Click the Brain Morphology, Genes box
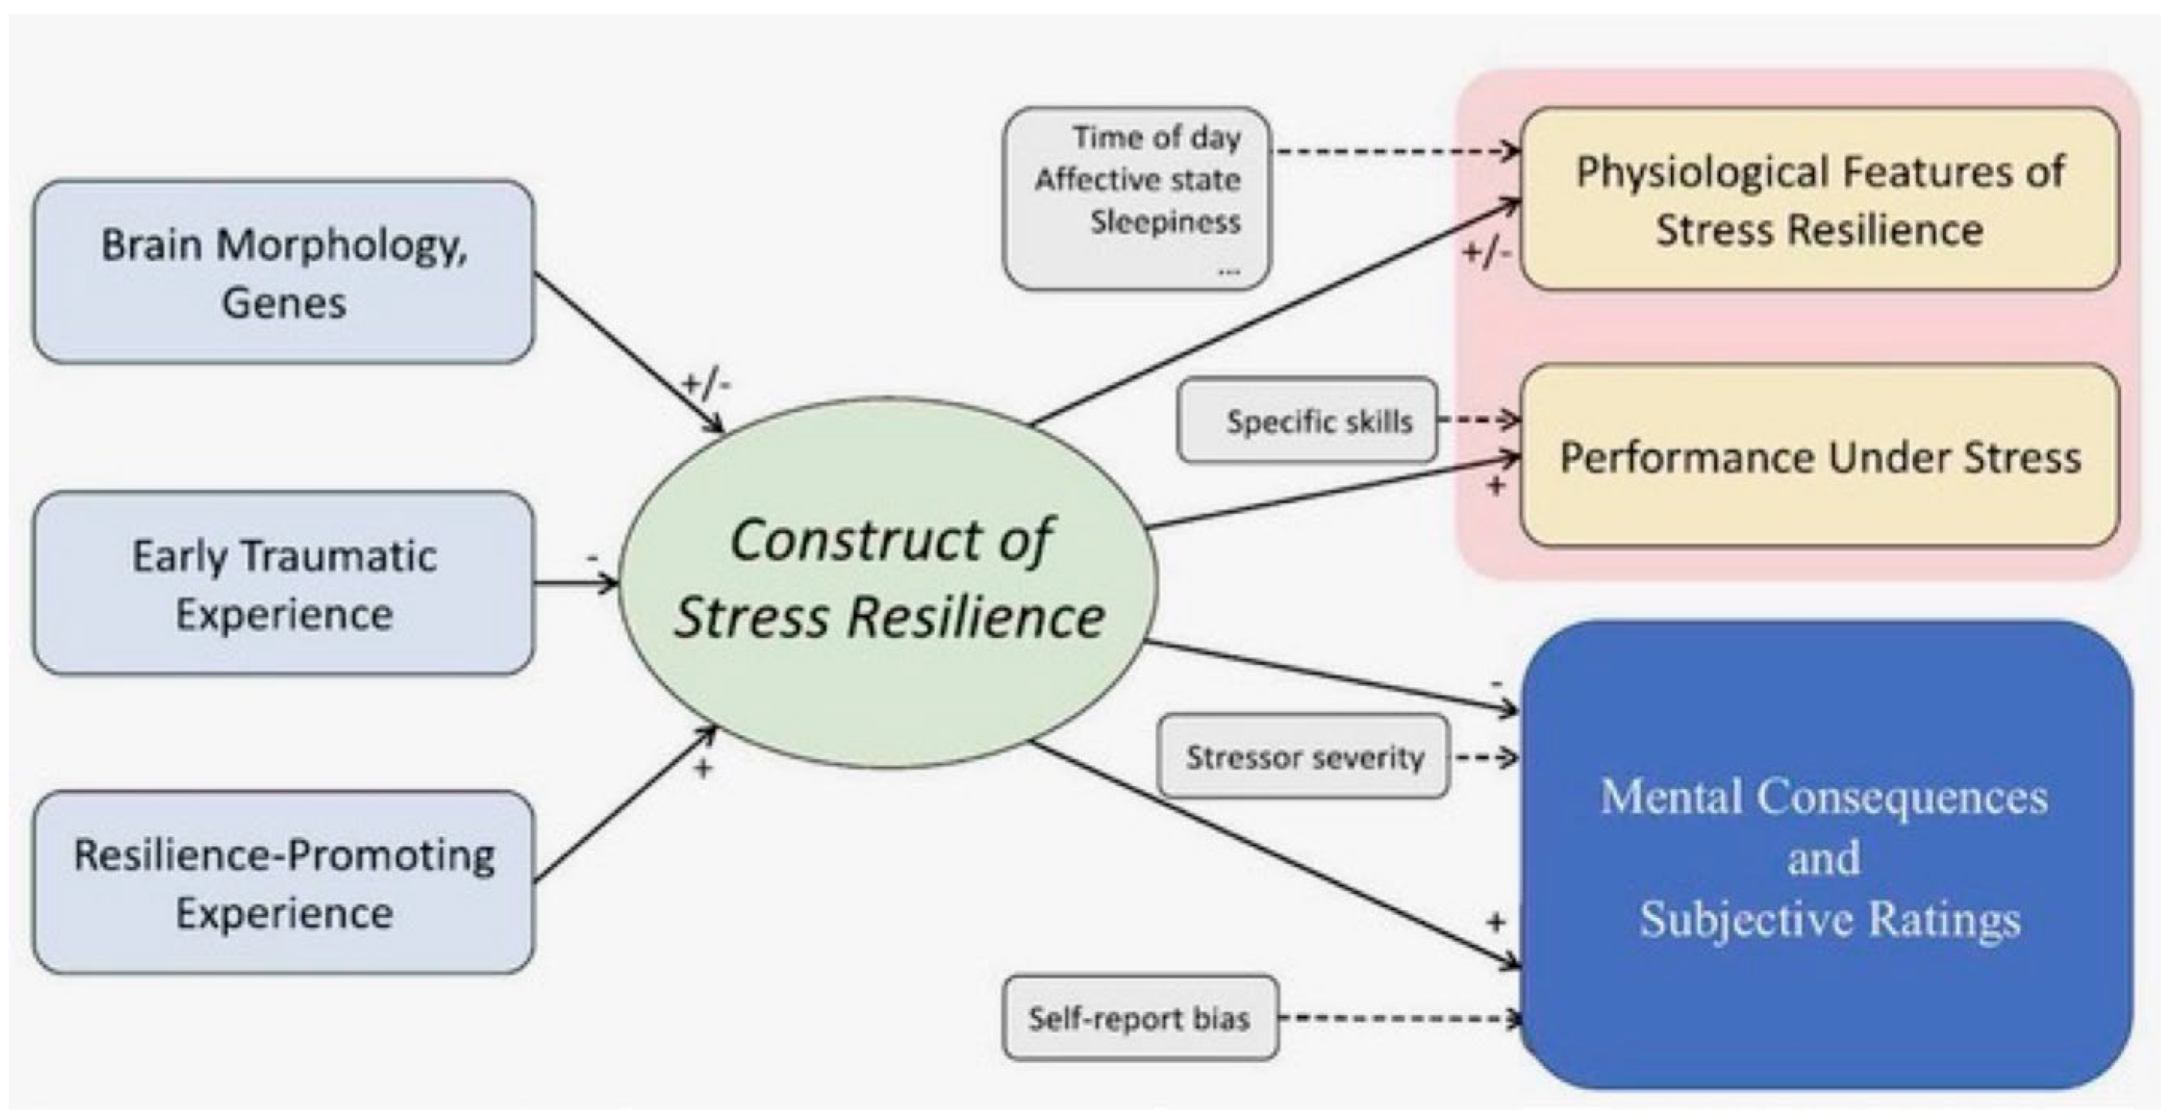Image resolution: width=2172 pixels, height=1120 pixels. click(x=283, y=271)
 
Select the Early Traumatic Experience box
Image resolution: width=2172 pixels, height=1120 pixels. click(x=283, y=583)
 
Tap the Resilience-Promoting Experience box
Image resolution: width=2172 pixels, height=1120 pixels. click(x=283, y=882)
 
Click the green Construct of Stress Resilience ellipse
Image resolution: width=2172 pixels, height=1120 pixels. click(x=889, y=582)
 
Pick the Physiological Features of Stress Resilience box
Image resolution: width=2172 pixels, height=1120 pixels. click(x=1820, y=199)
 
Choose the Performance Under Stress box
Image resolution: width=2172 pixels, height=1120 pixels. click(x=1820, y=457)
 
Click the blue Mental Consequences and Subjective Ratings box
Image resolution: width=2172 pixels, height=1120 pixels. click(x=1825, y=855)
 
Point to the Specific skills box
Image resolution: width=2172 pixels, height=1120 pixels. click(x=1308, y=420)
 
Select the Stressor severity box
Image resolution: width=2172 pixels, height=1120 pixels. click(x=1304, y=756)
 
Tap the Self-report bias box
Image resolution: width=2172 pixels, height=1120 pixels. click(x=1140, y=1018)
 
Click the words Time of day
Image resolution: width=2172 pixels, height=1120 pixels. click(x=1157, y=137)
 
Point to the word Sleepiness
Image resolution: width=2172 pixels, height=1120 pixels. click(x=1166, y=222)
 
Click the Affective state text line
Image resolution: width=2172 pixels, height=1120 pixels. click(x=1138, y=180)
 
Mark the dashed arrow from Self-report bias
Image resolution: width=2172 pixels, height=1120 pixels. click(x=1400, y=1018)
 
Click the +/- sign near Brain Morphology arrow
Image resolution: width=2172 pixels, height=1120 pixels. click(x=707, y=384)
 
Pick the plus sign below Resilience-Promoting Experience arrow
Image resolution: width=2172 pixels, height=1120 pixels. click(x=702, y=768)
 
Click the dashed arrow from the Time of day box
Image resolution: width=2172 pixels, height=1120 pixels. click(x=1395, y=152)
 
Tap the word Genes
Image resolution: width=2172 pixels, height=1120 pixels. click(x=283, y=303)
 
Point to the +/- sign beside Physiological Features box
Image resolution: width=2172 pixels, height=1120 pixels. click(x=1487, y=252)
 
